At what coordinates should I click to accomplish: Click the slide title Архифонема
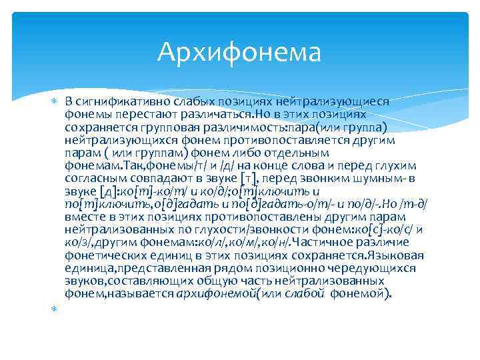(x=239, y=52)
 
